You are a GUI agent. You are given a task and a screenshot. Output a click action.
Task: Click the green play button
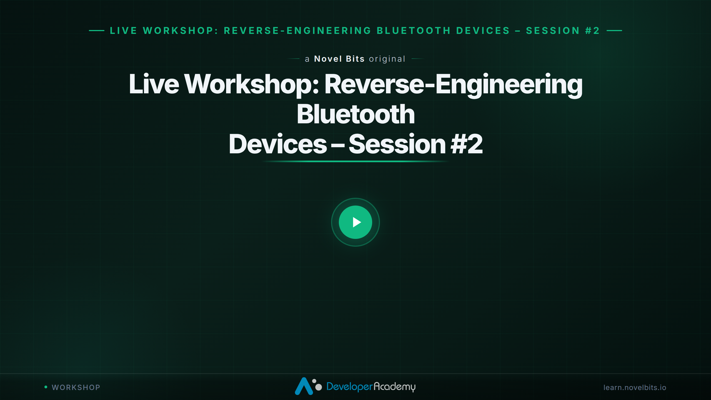[x=355, y=222]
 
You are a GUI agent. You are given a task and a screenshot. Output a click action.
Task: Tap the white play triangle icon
[x=357, y=222]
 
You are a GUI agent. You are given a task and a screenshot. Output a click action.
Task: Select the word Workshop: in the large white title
[x=252, y=84]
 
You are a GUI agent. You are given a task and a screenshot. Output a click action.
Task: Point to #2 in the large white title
[x=467, y=144]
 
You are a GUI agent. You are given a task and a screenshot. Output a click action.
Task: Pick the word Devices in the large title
[x=278, y=144]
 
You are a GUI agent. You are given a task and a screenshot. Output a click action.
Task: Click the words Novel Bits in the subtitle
[x=339, y=59]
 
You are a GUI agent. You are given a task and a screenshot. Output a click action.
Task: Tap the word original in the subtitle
[x=387, y=59]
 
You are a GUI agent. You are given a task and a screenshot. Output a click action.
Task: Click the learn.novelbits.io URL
[x=635, y=387]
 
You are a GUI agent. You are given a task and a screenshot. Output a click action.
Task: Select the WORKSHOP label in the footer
[x=76, y=387]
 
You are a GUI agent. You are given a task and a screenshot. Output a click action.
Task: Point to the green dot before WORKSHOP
[x=46, y=387]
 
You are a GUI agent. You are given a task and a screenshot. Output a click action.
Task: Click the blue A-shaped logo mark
[x=304, y=386]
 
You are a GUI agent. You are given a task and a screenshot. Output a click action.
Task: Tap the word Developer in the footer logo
[x=349, y=387]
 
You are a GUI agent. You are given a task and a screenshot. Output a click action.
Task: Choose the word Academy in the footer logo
[x=394, y=387]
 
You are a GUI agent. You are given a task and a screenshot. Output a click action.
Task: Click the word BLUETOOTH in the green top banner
[x=414, y=31]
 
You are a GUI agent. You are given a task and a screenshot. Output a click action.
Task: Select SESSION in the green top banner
[x=553, y=31]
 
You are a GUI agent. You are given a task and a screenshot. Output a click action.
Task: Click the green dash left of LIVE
[x=97, y=31]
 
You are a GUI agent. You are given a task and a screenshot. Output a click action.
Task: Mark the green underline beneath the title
[x=355, y=161]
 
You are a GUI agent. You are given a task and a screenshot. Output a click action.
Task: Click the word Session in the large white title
[x=397, y=144]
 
